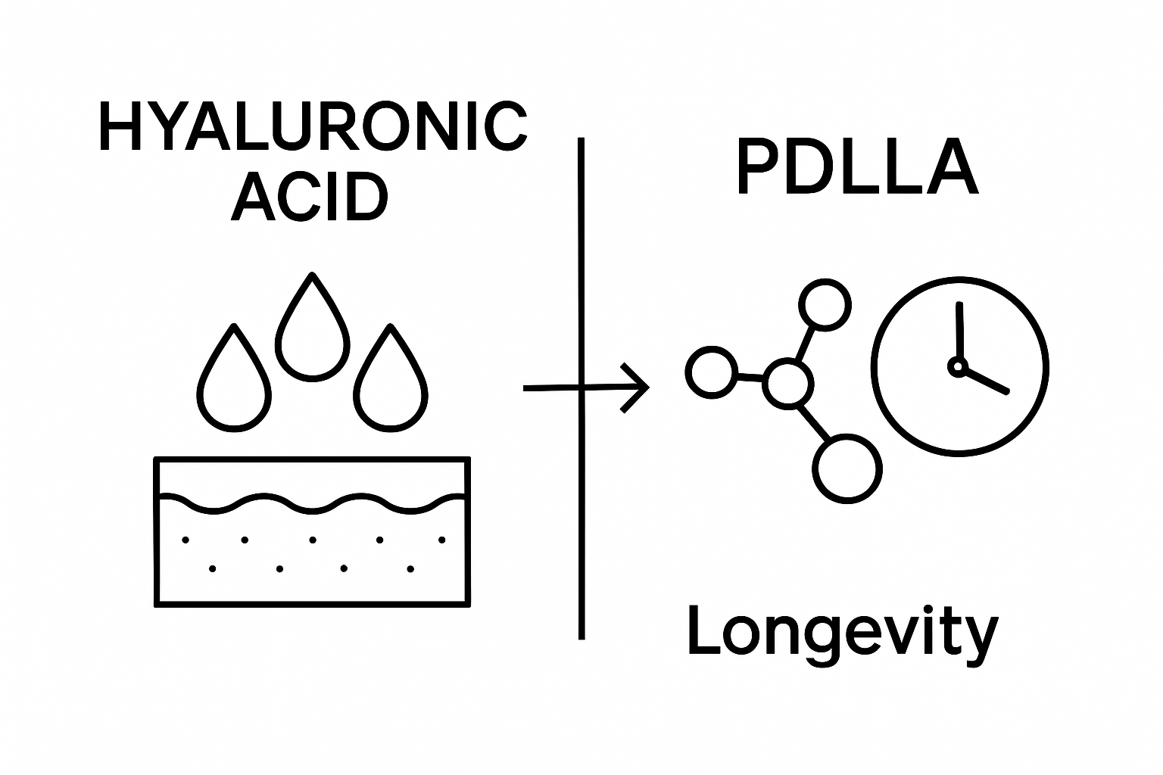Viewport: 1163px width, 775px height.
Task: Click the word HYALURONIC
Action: [313, 127]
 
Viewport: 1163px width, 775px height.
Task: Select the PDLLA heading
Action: [857, 167]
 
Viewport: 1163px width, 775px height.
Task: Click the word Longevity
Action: [842, 633]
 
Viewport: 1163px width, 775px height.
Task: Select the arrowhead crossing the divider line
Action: [636, 387]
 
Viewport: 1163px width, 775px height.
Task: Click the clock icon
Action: [960, 366]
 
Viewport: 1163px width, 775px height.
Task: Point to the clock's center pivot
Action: [958, 367]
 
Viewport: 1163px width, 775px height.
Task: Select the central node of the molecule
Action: [788, 384]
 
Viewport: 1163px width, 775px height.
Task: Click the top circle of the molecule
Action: [825, 304]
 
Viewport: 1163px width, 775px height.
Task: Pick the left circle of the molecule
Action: [711, 372]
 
